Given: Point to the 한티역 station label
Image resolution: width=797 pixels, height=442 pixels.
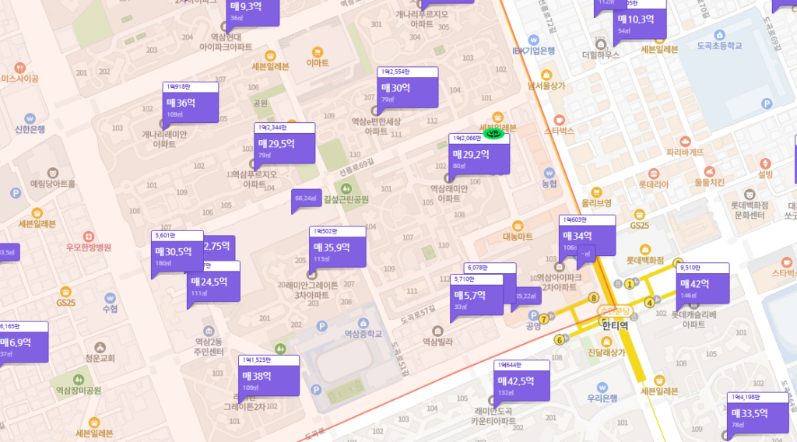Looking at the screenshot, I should [x=614, y=325].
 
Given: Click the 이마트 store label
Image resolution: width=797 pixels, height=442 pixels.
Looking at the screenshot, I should [x=318, y=62].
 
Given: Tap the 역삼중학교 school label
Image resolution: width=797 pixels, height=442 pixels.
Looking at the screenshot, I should [x=363, y=334].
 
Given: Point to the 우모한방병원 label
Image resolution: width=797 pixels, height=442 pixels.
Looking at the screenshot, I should [x=88, y=247].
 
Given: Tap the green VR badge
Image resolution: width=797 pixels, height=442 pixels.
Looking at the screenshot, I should [x=493, y=133].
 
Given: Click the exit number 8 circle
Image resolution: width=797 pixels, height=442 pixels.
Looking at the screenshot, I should [x=594, y=297].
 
